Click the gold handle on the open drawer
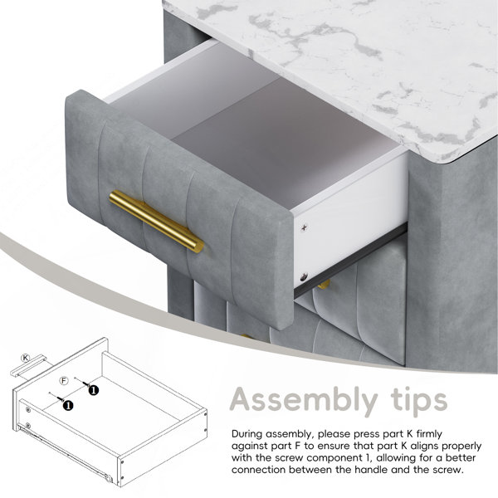coord(157,221)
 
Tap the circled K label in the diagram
coord(25,359)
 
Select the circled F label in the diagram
coord(64,380)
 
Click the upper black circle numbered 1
coord(93,390)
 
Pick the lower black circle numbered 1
coord(68,405)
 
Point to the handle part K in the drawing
coord(28,366)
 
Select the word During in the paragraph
coord(247,434)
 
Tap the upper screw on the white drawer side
coord(305,227)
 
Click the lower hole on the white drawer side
coord(304,278)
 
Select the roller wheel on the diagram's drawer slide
coord(109,479)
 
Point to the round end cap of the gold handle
coord(198,247)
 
